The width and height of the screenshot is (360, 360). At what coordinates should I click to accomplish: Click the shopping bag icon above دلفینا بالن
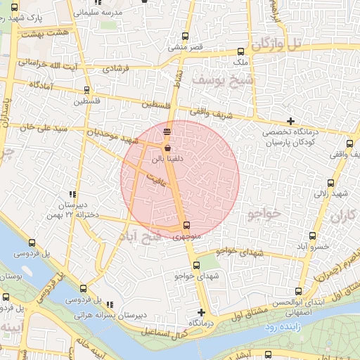click(167, 148)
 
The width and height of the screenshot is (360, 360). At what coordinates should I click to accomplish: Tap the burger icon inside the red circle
click(167, 132)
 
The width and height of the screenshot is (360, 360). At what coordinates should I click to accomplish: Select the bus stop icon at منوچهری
click(186, 226)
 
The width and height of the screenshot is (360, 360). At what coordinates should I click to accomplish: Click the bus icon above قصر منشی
click(186, 37)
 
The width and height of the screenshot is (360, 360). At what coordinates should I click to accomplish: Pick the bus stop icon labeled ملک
click(241, 51)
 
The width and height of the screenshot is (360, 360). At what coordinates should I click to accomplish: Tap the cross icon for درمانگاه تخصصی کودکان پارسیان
click(291, 122)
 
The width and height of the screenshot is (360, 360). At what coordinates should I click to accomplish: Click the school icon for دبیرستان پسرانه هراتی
click(110, 304)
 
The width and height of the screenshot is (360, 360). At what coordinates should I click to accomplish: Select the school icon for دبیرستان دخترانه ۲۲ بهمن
click(72, 194)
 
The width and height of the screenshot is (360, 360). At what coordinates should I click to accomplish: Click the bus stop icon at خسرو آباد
click(312, 236)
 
